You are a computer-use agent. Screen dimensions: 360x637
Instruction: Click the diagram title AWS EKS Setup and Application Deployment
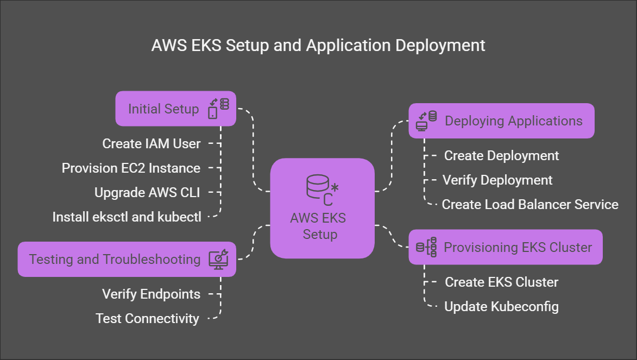tap(318, 45)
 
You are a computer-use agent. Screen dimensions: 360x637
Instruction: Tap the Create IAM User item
tap(152, 144)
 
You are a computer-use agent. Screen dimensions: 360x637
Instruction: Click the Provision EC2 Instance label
tap(131, 168)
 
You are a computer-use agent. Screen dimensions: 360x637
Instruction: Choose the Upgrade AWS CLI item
tap(147, 193)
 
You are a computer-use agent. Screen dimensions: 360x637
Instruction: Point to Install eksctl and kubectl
tap(127, 217)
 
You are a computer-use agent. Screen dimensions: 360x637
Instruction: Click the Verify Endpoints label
tap(151, 294)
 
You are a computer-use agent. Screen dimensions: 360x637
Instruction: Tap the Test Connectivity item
tap(147, 319)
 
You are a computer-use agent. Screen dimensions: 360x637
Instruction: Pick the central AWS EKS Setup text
tap(318, 226)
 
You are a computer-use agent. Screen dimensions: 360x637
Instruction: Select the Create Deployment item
tap(501, 156)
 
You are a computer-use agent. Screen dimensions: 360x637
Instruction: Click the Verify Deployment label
tap(497, 180)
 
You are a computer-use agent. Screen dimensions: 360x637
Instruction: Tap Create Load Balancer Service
tap(530, 205)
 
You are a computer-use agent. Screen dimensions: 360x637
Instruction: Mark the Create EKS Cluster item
tap(501, 282)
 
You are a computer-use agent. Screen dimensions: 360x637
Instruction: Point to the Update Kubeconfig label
tap(501, 307)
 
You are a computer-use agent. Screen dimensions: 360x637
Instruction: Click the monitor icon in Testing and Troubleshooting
tap(219, 259)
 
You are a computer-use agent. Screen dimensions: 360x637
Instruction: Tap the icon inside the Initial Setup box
tap(218, 108)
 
